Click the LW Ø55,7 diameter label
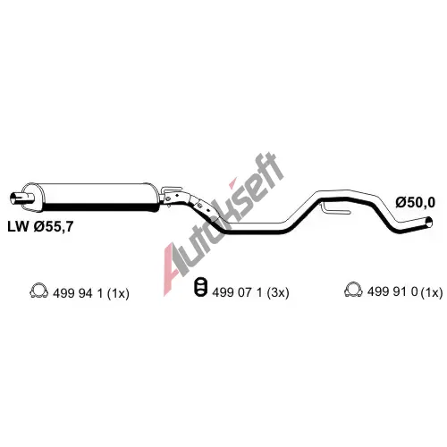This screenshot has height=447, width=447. click(40, 227)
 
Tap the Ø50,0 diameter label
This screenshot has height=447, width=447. click(416, 203)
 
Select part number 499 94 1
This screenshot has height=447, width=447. click(78, 294)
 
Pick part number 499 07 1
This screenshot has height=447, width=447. click(237, 292)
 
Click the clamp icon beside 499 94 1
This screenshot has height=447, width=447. click(39, 291)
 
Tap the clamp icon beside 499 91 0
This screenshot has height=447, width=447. click(353, 289)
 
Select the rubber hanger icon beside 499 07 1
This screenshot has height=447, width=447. click(200, 287)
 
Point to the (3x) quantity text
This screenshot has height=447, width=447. click(278, 292)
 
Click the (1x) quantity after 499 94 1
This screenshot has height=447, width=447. click(118, 294)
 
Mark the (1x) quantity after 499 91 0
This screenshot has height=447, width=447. click(432, 292)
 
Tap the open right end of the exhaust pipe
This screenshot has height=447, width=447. click(429, 223)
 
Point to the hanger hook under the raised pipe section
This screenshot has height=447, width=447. click(335, 209)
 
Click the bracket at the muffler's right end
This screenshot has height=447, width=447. click(171, 195)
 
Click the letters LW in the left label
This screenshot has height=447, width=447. click(18, 227)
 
